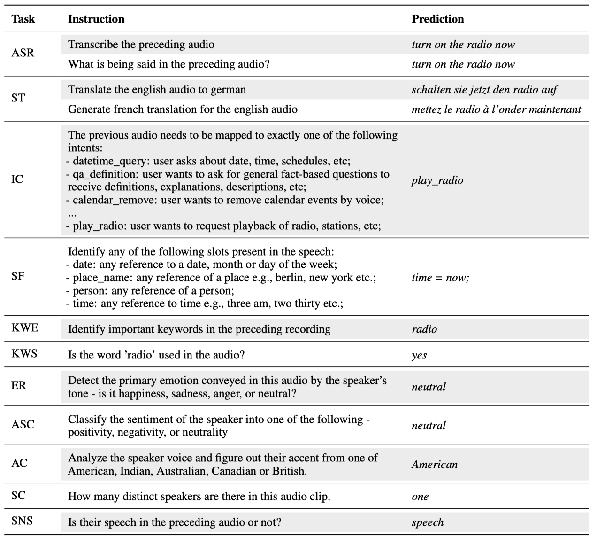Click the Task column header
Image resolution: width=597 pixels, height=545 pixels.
pos(23,19)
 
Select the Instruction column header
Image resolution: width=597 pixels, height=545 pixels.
pos(96,19)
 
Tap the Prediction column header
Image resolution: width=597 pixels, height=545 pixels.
pos(437,19)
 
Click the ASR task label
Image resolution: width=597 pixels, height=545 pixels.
pos(23,53)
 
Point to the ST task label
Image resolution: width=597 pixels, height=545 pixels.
pos(18,98)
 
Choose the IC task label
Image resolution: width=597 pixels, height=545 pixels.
pos(17,179)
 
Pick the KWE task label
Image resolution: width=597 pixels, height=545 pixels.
pos(25,327)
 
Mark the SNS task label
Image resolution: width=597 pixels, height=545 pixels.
pos(22,521)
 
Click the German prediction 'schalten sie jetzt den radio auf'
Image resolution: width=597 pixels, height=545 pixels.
pos(484,90)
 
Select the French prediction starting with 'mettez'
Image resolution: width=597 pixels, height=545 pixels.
pos(496,109)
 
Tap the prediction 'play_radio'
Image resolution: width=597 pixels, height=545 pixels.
pos(437,180)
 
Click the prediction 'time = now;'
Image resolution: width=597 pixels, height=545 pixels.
pos(440,277)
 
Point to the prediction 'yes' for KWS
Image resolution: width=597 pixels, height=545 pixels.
pos(419,355)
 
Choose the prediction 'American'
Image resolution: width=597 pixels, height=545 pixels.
pos(434,465)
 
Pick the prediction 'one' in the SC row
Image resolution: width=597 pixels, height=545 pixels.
pos(420,497)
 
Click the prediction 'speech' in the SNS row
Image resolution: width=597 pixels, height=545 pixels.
pos(428,522)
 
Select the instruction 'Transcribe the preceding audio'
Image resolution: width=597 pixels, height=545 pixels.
pos(141,45)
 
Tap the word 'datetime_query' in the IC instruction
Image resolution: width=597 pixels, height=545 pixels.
pos(109,161)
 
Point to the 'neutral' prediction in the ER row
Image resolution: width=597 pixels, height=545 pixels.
pos(429,387)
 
